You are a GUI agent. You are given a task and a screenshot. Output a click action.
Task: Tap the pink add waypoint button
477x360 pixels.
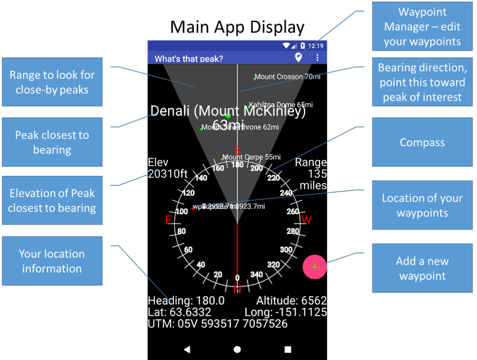[315, 267]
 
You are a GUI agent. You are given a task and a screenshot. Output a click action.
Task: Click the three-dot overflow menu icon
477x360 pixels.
[317, 58]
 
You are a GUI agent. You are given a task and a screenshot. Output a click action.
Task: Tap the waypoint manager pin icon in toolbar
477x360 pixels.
[298, 57]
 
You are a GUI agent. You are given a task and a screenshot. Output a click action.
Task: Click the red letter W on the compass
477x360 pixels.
[306, 220]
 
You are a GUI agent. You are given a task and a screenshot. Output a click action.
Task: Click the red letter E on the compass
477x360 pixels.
[169, 220]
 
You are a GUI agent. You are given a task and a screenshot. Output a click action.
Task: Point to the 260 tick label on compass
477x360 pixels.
[293, 211]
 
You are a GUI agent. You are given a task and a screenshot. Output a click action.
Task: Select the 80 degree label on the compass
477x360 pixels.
[182, 232]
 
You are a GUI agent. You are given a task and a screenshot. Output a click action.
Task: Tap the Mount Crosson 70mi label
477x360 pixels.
[287, 77]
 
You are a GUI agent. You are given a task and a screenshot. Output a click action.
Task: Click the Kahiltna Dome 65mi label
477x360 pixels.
[281, 105]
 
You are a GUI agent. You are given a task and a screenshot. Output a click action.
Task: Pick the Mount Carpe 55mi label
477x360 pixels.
[251, 157]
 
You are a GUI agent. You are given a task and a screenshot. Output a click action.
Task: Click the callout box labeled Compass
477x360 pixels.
[422, 143]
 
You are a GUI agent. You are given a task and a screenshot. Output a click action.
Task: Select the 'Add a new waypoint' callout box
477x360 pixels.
[422, 269]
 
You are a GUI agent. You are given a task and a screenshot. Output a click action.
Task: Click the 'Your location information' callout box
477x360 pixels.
[52, 261]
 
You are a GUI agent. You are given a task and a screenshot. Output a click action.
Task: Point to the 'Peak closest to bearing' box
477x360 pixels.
[52, 142]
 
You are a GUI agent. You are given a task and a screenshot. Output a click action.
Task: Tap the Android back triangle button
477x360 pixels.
[187, 349]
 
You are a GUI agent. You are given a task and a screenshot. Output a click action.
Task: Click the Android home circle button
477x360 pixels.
[237, 349]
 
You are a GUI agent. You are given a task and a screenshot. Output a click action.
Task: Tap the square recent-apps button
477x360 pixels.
[288, 349]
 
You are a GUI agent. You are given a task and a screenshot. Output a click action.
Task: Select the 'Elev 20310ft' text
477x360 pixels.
[167, 168]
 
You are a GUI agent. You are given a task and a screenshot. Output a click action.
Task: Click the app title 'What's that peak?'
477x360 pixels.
[189, 58]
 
